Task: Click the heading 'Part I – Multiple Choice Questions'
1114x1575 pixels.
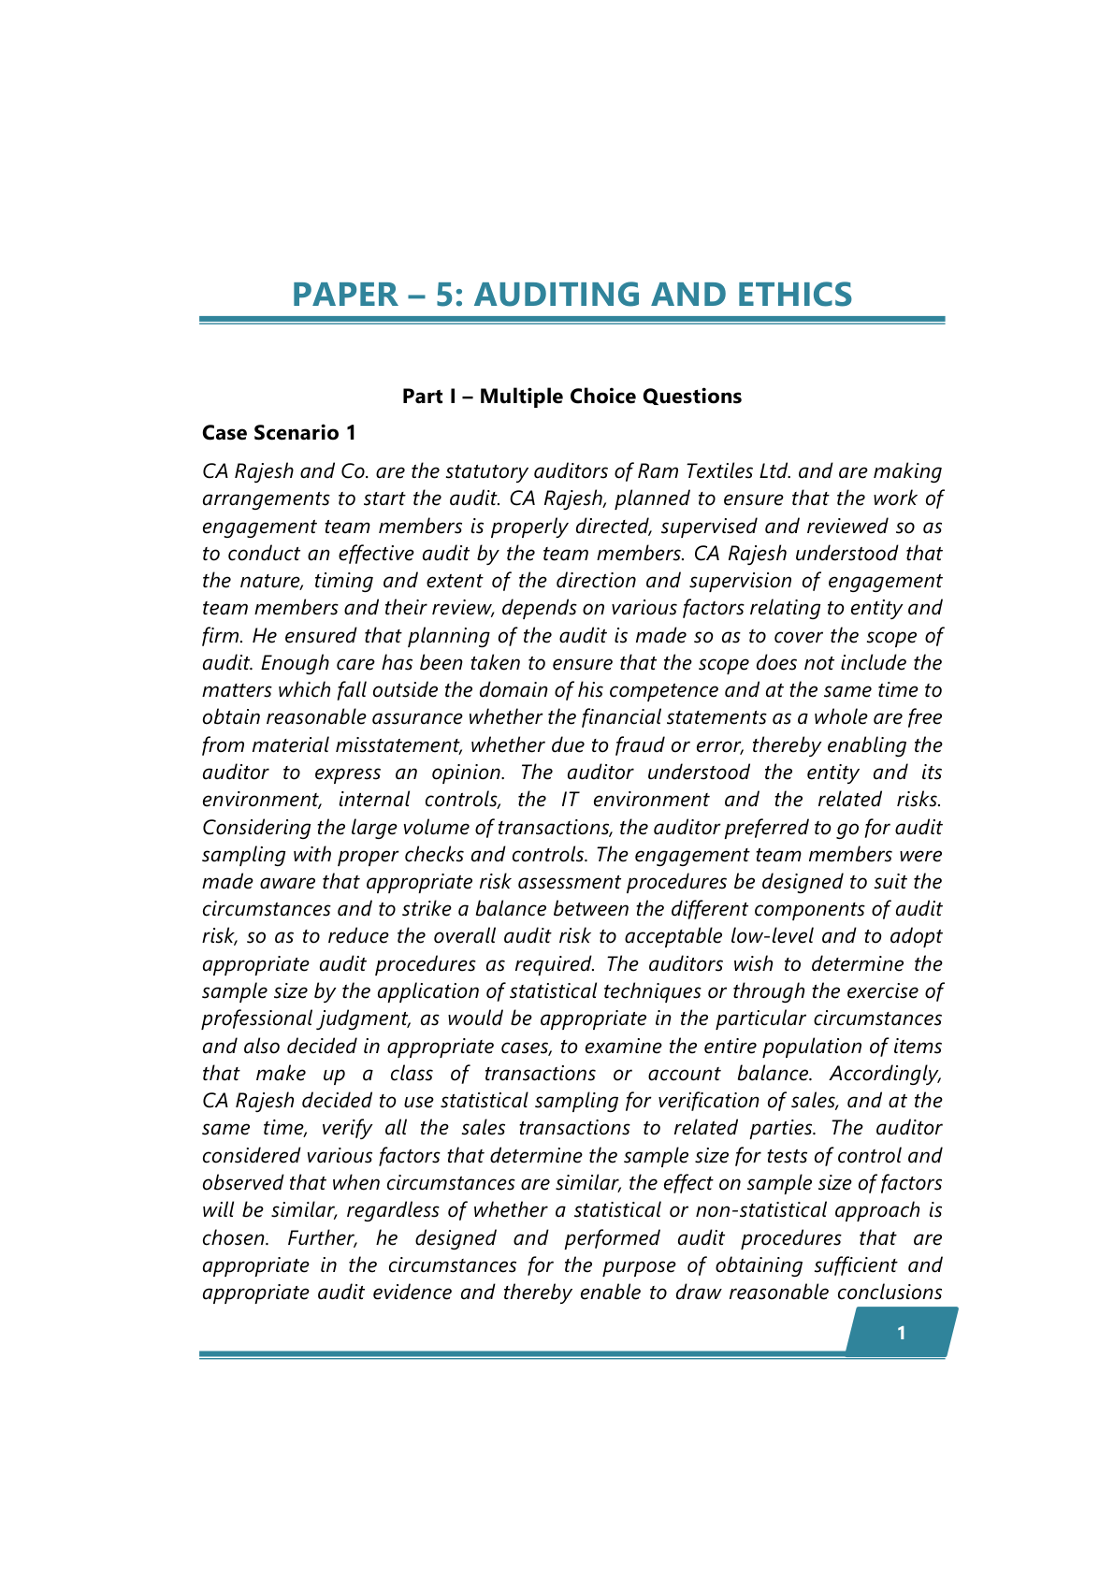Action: click(571, 397)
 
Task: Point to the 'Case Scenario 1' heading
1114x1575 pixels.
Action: click(279, 433)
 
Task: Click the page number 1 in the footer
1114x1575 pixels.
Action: click(901, 1333)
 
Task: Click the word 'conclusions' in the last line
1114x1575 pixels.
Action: click(889, 1293)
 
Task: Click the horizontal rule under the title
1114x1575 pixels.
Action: click(571, 320)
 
